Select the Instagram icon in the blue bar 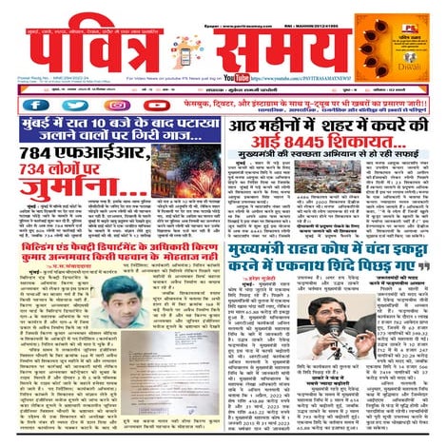pyautogui.click(x=118, y=105)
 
